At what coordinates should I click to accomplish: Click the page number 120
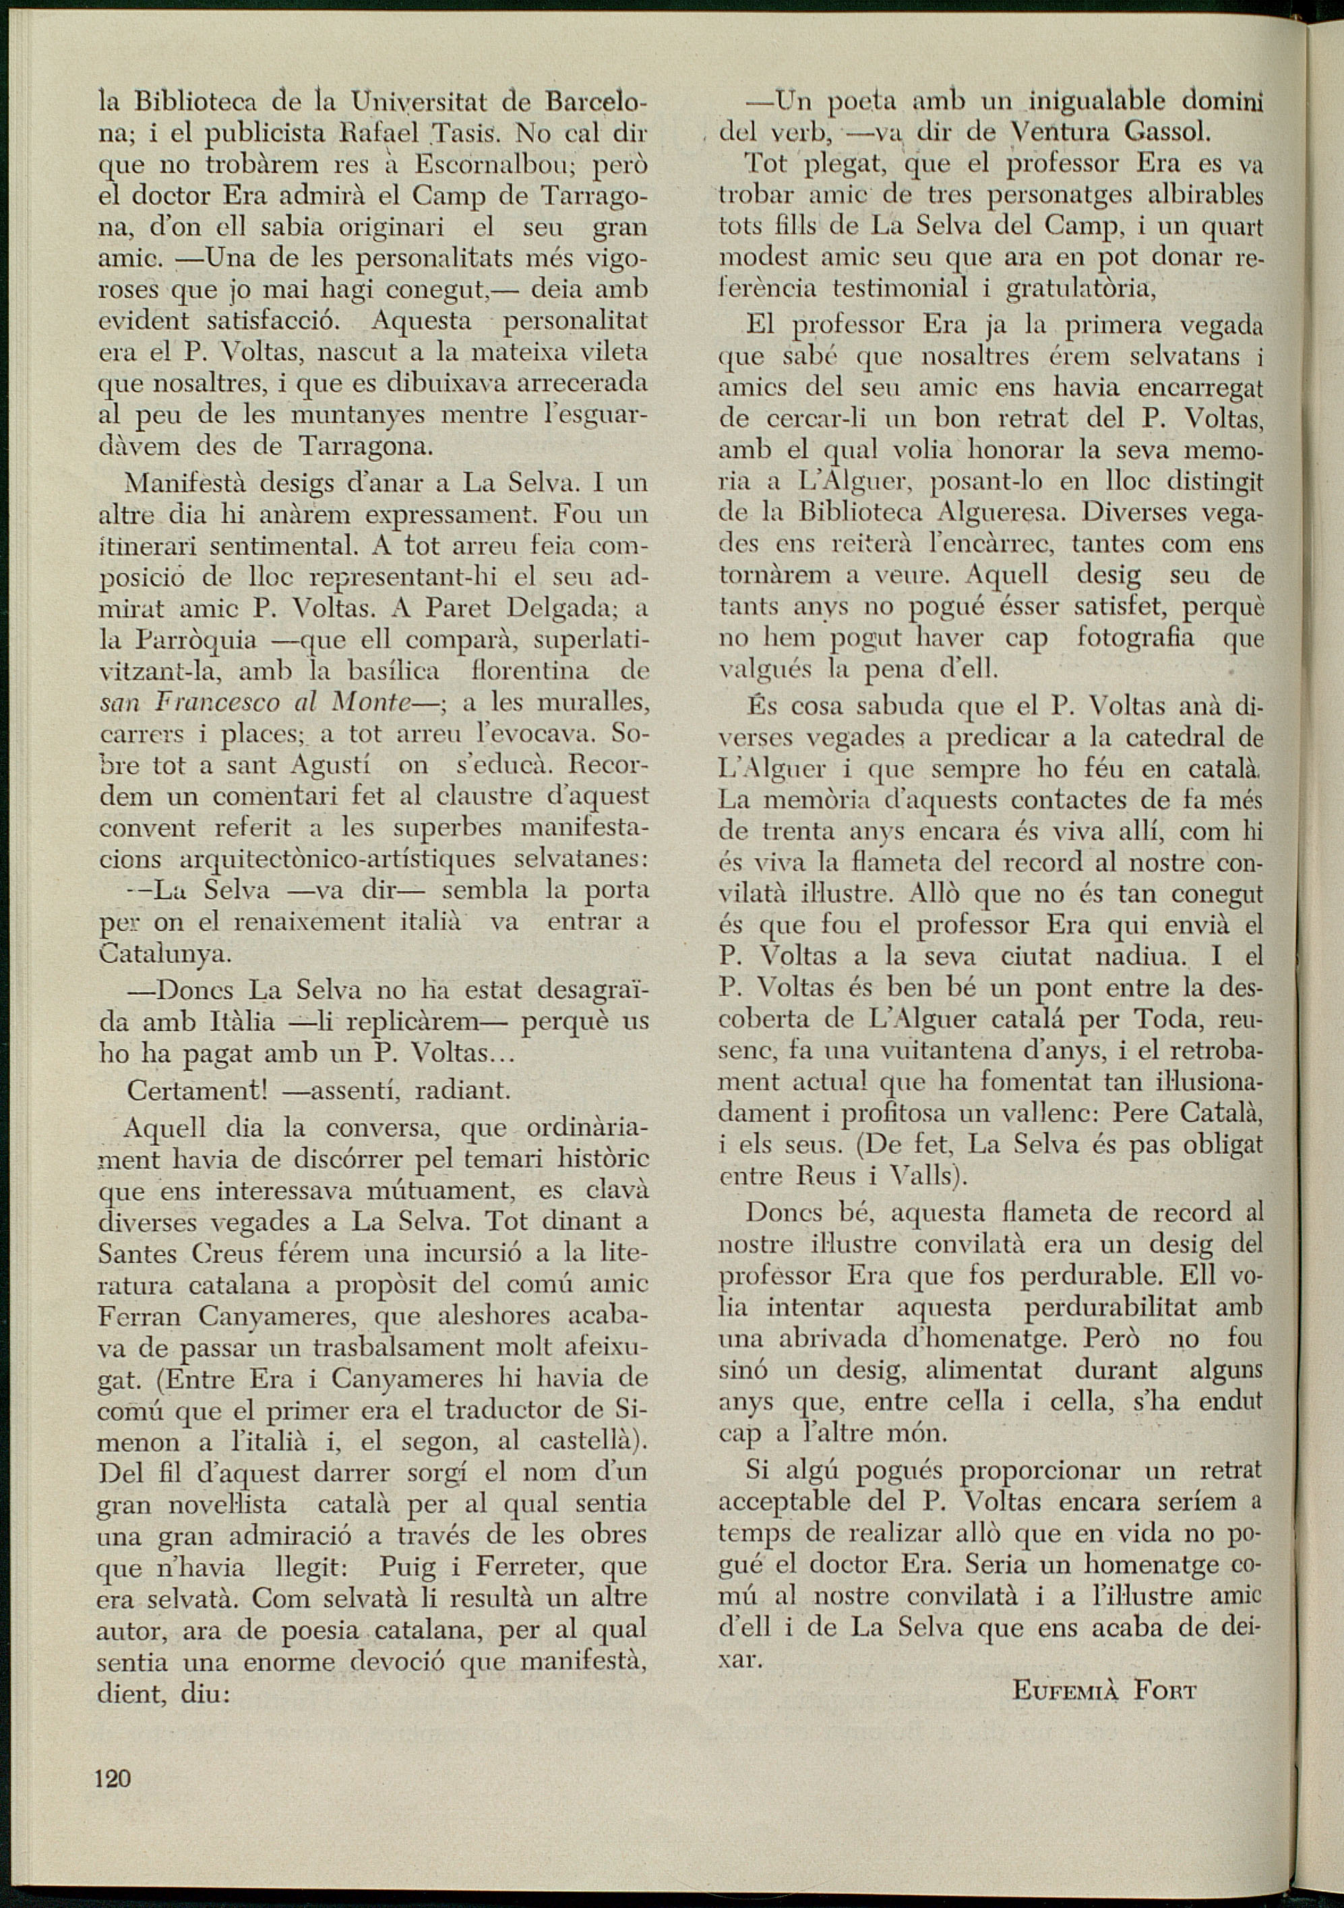click(114, 1754)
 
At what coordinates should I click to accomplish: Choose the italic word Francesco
click(219, 703)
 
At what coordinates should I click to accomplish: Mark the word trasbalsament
click(362, 1347)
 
